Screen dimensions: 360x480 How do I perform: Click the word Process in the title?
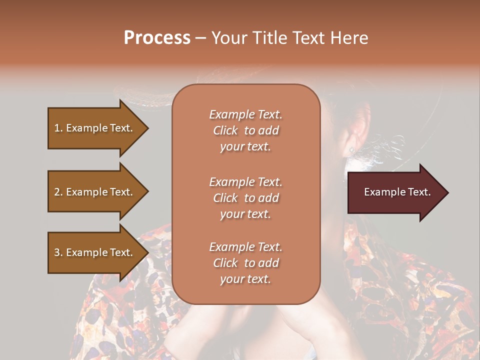point(157,38)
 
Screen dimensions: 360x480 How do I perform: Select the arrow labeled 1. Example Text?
point(95,128)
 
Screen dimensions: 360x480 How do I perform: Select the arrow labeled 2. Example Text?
point(95,192)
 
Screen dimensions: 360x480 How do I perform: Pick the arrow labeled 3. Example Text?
point(95,252)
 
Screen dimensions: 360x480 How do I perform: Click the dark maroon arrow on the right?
point(395,192)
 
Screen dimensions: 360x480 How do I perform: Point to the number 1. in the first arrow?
point(58,128)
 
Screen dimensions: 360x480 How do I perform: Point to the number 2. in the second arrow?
point(58,192)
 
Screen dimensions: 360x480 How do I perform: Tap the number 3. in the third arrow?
point(58,252)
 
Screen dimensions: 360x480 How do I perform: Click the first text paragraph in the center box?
point(245,130)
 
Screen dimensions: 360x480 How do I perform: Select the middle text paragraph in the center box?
point(245,198)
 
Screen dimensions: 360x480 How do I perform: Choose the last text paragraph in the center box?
point(245,263)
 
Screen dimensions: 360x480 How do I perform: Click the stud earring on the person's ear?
point(352,149)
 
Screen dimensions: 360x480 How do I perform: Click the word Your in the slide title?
point(227,38)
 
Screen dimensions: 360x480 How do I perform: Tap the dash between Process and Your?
point(200,38)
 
